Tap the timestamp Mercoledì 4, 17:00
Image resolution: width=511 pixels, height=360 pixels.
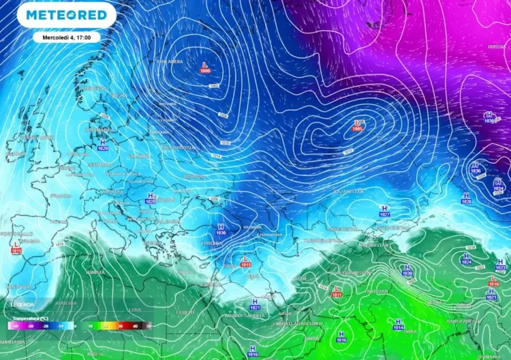click(x=66, y=37)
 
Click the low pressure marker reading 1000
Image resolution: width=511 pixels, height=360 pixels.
click(x=204, y=67)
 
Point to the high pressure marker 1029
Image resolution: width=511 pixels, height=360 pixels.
click(x=103, y=145)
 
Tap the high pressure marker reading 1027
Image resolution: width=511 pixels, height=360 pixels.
click(x=384, y=211)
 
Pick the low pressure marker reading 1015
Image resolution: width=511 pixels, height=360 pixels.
click(x=246, y=262)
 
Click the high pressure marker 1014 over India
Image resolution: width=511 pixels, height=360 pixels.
click(x=398, y=325)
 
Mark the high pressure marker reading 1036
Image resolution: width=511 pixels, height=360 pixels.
click(x=476, y=168)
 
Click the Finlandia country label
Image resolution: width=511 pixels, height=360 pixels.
click(x=170, y=61)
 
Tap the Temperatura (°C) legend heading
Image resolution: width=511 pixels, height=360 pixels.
click(x=29, y=318)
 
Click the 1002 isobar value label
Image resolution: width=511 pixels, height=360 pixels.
click(x=214, y=86)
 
